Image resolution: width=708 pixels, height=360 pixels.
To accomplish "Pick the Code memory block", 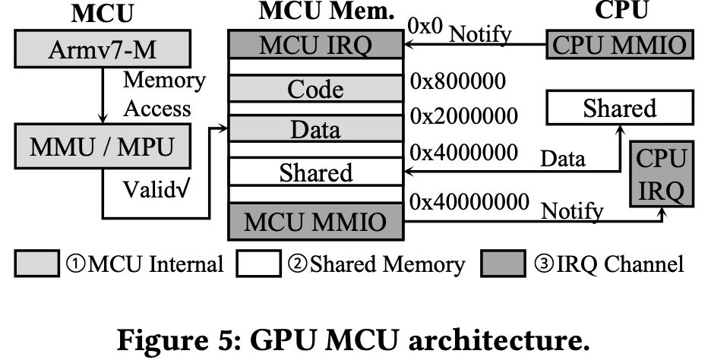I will (315, 90).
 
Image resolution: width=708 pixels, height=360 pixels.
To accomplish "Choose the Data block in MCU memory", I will (315, 130).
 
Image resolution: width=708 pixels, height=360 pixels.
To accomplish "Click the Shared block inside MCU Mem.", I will (315, 172).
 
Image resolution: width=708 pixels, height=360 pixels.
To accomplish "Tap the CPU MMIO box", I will (621, 45).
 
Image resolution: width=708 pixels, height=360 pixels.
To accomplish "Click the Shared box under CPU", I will (619, 109).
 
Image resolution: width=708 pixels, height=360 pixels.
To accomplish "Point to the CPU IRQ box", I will (661, 173).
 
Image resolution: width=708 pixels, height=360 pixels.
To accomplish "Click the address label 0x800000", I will (457, 81).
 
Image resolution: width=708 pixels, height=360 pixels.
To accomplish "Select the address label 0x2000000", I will (463, 116).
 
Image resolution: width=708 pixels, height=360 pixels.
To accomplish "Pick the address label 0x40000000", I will (469, 201).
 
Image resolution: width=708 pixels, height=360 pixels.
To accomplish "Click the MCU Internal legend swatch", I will (36, 264).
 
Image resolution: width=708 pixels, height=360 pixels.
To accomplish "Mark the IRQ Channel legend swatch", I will (502, 264).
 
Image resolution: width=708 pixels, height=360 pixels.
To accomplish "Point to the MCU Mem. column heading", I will (315, 12).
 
